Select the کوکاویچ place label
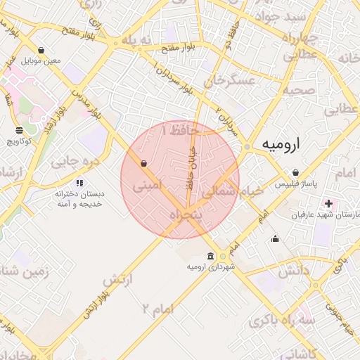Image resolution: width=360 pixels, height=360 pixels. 20,141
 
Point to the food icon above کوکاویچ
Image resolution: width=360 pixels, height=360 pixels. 19,131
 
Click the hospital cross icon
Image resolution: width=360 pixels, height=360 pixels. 328,203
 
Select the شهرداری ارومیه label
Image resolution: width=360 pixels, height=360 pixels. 211,267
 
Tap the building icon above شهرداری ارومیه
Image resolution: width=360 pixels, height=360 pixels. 211,257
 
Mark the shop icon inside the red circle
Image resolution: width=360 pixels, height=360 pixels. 144,164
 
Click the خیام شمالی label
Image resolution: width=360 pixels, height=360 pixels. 233,190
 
